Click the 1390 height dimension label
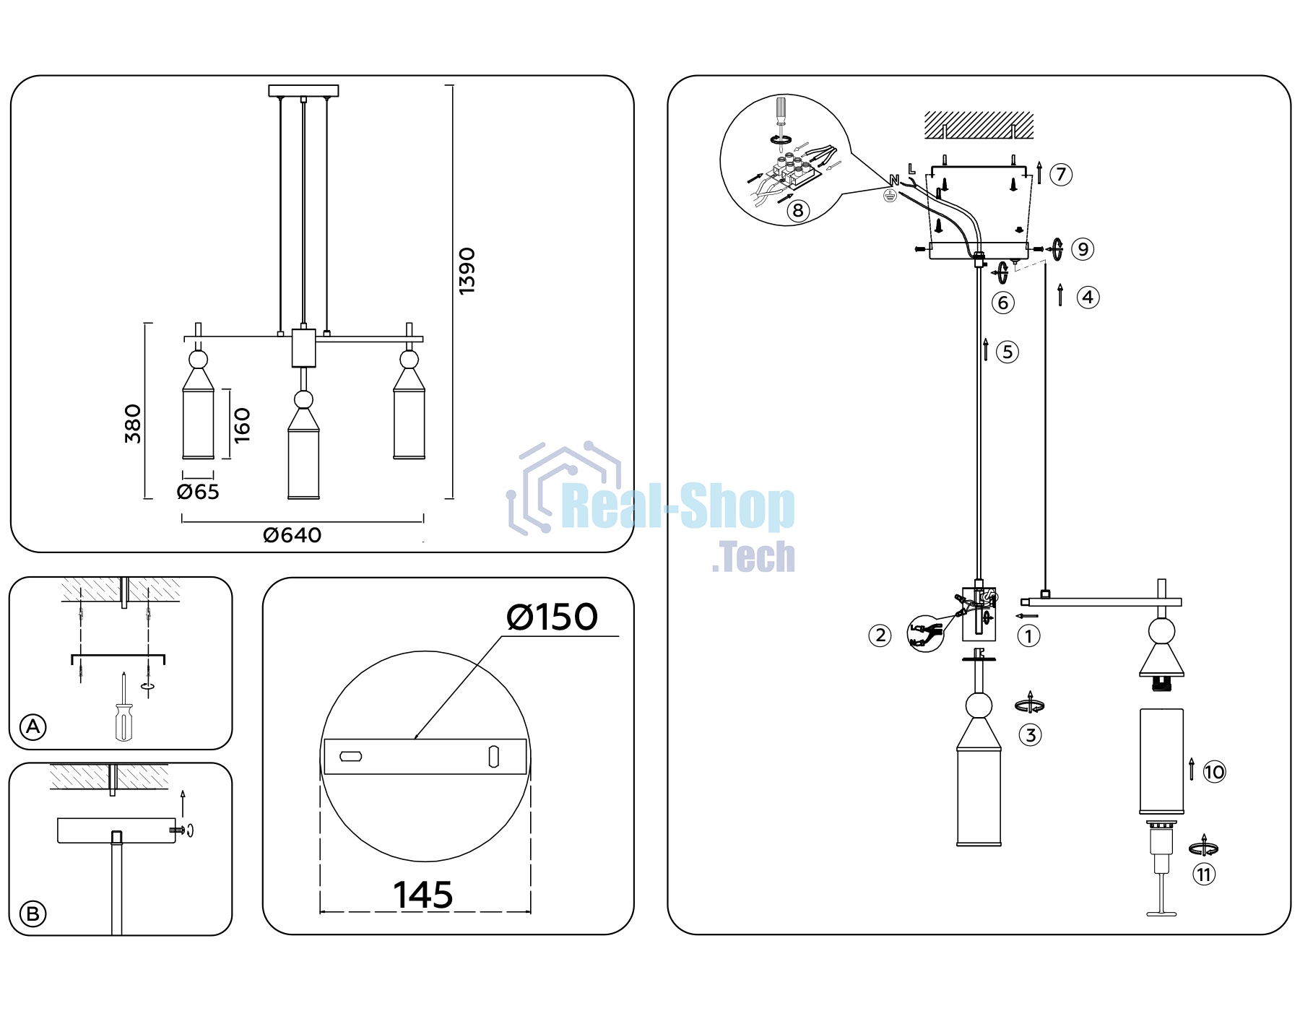467,271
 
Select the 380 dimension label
133,424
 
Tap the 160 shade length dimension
242,425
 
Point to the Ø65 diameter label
198,492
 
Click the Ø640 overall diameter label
292,535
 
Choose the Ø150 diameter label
552,617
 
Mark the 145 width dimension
423,895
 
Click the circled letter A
33,726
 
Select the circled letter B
33,914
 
